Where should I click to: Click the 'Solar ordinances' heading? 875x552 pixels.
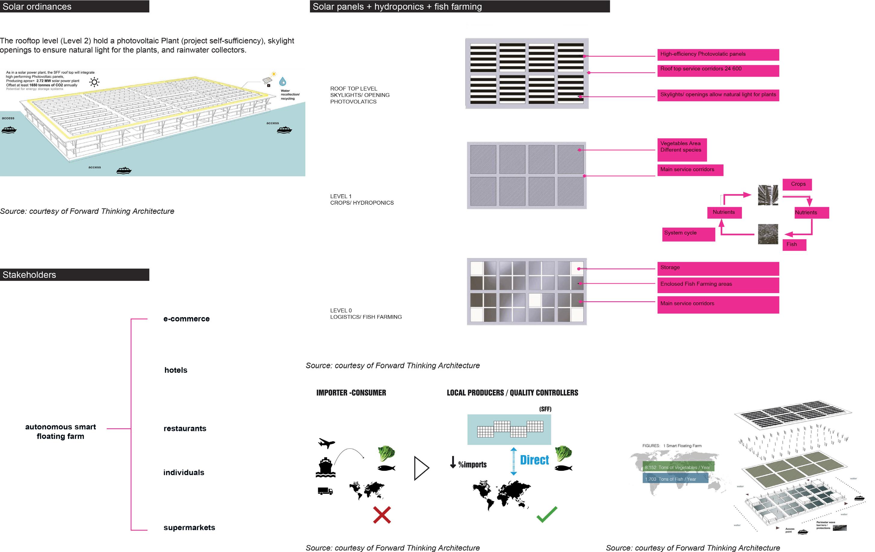click(x=37, y=7)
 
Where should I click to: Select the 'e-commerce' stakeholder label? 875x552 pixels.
click(x=186, y=319)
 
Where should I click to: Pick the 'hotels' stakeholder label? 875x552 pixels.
click(x=176, y=370)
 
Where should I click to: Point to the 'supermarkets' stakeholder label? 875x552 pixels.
click(x=189, y=527)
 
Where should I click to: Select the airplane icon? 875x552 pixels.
click(x=326, y=443)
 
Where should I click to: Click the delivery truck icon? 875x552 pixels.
click(x=325, y=491)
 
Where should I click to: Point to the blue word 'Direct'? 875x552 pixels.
click(x=534, y=460)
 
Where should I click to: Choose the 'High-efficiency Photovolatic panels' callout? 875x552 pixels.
click(x=718, y=54)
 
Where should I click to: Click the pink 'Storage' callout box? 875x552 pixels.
click(x=718, y=268)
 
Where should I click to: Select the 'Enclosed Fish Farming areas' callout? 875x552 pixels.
click(x=718, y=284)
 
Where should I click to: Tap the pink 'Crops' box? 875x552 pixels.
click(x=798, y=184)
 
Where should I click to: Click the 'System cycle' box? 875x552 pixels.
click(x=688, y=234)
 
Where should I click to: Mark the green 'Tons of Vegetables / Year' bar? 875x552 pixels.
click(x=678, y=467)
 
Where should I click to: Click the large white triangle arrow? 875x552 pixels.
click(x=421, y=468)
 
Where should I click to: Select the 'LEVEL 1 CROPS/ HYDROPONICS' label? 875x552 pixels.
click(x=362, y=200)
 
